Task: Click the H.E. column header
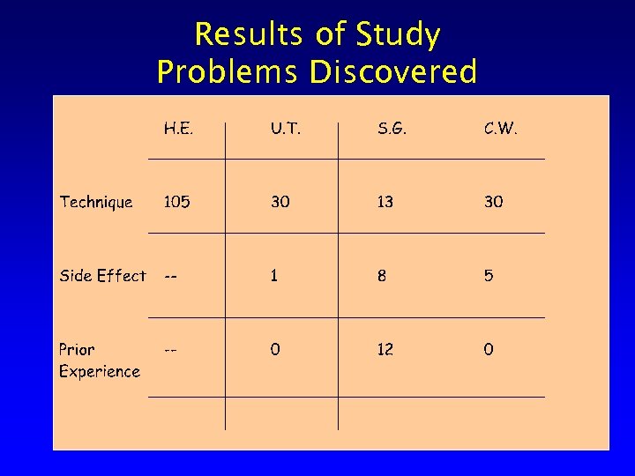coord(178,129)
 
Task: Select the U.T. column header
coord(285,129)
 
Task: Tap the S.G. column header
coord(392,129)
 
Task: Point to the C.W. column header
coord(500,129)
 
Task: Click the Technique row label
coord(96,202)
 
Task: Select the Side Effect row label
coord(102,276)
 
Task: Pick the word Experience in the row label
coord(100,371)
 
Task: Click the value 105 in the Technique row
coord(176,202)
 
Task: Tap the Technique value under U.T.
coord(280,202)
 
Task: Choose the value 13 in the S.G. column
coord(385,202)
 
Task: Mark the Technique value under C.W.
coord(493,202)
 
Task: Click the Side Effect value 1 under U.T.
coord(274,276)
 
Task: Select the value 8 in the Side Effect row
coord(381,276)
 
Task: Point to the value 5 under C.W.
coord(489,276)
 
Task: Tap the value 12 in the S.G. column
coord(385,350)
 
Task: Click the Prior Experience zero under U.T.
coord(275,350)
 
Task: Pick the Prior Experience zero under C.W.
coord(489,350)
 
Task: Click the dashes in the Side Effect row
coord(171,276)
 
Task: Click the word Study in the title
coord(398,36)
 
